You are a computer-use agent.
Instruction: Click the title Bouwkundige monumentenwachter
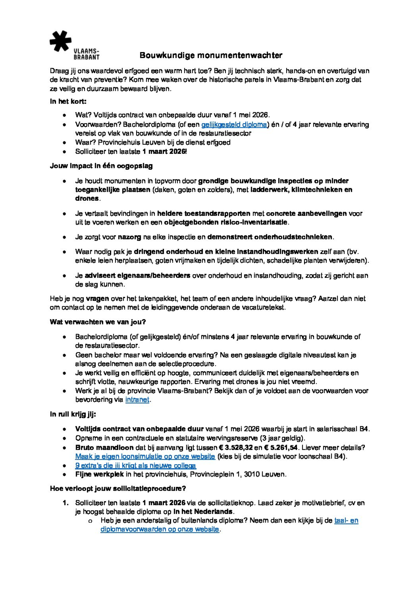pos(211,55)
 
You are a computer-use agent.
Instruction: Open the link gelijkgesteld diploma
pos(234,125)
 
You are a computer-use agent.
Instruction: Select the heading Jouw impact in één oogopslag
pos(101,166)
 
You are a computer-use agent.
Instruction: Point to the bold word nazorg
pos(130,237)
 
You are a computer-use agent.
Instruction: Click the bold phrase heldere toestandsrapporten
pos(204,214)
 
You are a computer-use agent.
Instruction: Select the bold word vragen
pos(97,299)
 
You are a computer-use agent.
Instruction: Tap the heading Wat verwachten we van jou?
pos(98,322)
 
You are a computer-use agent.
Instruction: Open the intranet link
pos(137,400)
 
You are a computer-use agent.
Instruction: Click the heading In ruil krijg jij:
pos(73,414)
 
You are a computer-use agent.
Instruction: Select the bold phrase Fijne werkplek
pos(99,475)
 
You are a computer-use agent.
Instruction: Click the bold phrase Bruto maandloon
pos(104,447)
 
